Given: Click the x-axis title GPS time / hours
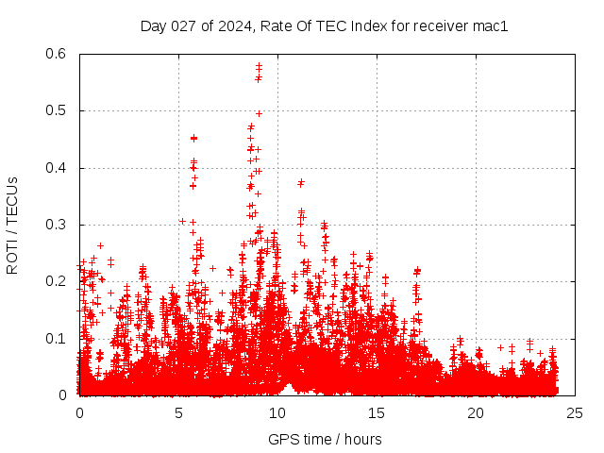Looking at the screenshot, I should click(x=325, y=439).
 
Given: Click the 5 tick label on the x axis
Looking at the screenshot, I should click(x=178, y=412).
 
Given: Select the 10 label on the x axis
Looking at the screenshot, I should click(x=277, y=412).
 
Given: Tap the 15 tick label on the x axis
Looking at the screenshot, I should click(x=377, y=412).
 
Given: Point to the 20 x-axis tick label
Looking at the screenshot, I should click(x=476, y=412).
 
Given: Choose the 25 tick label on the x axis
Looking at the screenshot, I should click(x=575, y=412).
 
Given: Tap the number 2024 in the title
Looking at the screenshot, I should click(x=229, y=26).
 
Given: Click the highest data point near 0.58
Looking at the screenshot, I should click(x=259, y=66).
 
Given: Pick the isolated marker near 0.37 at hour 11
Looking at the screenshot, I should click(x=301, y=182).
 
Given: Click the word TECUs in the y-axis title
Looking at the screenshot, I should click(x=12, y=200).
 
